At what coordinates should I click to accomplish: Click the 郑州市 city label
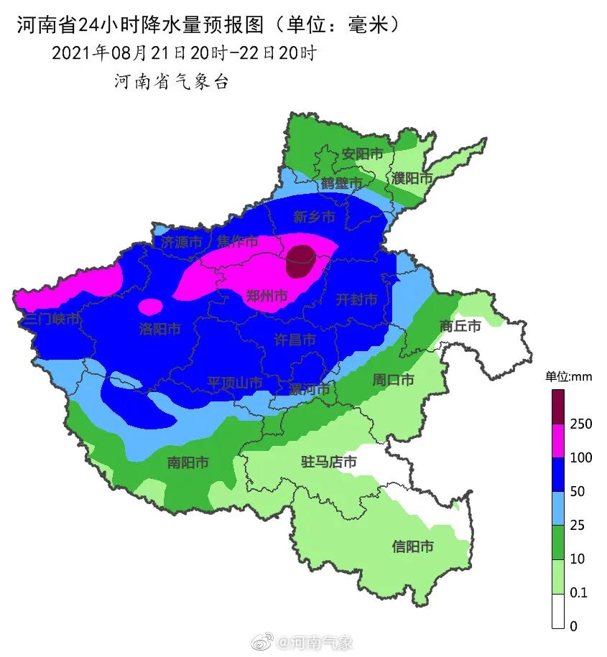coord(267,296)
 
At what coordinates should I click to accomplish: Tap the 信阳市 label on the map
coord(412,546)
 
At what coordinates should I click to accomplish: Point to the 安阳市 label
coord(362,154)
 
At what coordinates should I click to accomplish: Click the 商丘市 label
coord(460,325)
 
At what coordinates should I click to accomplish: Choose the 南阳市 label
coord(187,462)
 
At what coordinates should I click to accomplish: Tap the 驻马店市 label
coord(328,462)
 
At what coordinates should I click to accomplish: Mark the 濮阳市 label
coord(412,178)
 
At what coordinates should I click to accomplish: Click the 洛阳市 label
coord(159,329)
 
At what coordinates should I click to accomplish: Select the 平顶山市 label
coord(235,383)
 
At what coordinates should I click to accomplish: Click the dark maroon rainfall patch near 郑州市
coord(300,261)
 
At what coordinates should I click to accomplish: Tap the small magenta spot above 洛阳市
coord(150,307)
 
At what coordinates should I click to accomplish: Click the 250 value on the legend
coord(580,424)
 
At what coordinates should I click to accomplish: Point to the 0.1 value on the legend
coord(578,592)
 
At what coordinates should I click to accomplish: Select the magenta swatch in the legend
coord(558,440)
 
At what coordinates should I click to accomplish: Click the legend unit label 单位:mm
coord(567,376)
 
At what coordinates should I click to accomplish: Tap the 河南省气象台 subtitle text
coord(171,82)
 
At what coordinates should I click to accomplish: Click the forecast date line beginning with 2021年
coord(183,53)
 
